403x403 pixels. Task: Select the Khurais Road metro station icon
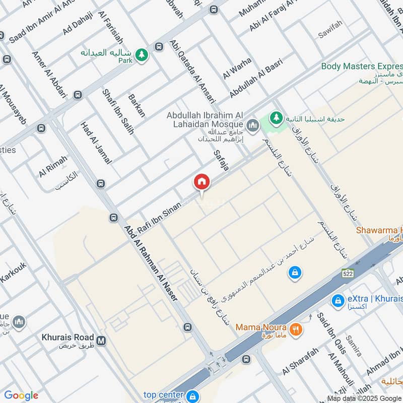(x=102, y=341)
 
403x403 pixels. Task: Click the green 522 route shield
(x=347, y=273)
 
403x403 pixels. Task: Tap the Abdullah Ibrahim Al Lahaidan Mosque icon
(x=253, y=124)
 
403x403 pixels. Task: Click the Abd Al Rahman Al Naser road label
(x=152, y=263)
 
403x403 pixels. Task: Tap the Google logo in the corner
(x=21, y=395)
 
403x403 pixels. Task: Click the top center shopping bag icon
(x=192, y=396)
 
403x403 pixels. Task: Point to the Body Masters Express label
(x=362, y=66)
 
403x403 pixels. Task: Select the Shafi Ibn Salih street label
(x=118, y=111)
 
